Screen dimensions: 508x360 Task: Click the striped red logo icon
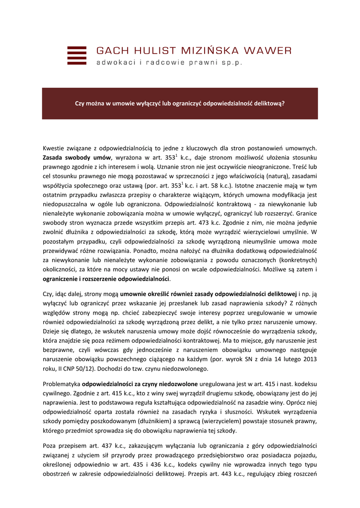click(76, 56)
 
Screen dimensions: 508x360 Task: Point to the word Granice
click(306, 213)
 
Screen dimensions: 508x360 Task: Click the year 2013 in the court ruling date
click(309, 359)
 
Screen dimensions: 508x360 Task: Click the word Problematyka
click(61, 384)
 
